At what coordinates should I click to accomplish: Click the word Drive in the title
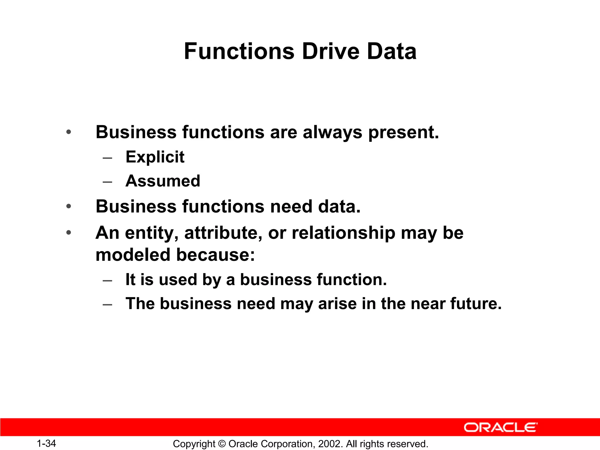tap(330, 51)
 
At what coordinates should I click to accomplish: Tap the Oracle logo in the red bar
tap(500, 427)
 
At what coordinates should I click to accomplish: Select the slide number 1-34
tap(46, 444)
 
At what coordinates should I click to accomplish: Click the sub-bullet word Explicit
tap(155, 157)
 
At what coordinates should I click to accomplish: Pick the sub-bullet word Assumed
tap(163, 181)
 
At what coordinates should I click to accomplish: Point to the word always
tap(332, 132)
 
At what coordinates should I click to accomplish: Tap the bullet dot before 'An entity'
tap(69, 233)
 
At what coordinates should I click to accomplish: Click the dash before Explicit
tap(108, 158)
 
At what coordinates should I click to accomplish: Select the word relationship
tap(343, 233)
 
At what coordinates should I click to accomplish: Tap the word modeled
tap(133, 255)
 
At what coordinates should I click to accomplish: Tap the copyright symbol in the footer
tap(222, 444)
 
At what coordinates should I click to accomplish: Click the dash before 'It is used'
tap(108, 280)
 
